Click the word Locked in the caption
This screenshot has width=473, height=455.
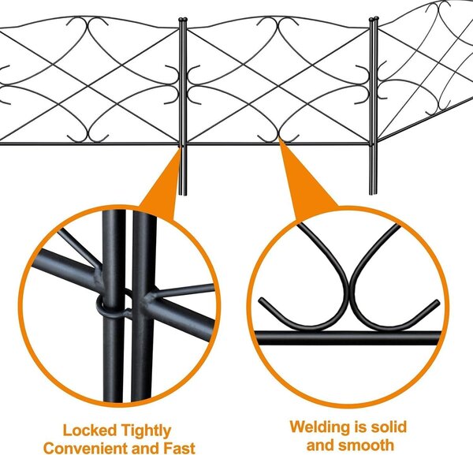click(85, 430)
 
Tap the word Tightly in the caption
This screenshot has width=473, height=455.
click(146, 431)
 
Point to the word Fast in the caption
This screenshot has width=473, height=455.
click(179, 448)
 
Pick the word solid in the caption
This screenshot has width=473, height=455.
click(389, 427)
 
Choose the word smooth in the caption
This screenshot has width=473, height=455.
click(367, 445)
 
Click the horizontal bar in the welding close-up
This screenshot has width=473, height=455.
click(348, 338)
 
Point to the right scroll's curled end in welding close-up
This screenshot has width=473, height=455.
click(437, 302)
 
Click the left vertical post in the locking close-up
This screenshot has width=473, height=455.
click(114, 304)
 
